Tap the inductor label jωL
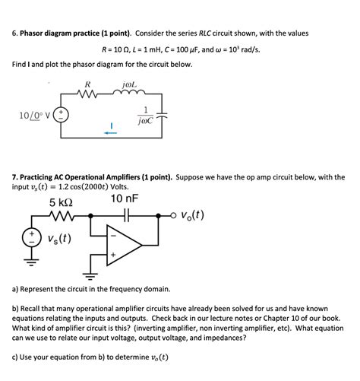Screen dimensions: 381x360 [128, 84]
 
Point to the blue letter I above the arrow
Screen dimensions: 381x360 [111, 123]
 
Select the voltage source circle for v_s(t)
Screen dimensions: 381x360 [33, 237]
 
